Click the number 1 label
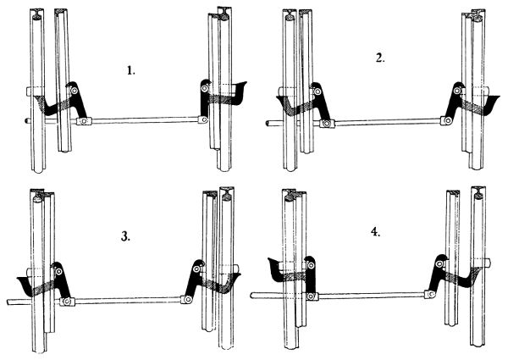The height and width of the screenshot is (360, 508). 130,70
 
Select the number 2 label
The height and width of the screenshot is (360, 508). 380,58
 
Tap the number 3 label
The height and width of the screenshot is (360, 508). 125,237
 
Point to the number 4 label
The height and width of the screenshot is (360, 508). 375,232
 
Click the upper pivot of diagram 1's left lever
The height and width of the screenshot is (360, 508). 75,91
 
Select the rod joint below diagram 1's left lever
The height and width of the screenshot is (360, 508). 84,121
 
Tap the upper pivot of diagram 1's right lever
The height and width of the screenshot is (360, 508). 204,88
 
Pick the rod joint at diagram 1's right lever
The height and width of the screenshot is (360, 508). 203,119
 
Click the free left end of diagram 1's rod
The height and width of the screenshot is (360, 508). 26,120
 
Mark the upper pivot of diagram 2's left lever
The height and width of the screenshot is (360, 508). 317,91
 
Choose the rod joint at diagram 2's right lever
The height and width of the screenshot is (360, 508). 447,121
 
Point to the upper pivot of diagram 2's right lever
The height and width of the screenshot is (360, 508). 457,91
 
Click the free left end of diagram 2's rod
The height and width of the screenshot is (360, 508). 268,124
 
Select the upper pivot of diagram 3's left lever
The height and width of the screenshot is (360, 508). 58,272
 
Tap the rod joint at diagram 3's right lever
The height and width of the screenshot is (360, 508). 187,299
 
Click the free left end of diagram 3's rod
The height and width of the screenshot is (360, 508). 8,302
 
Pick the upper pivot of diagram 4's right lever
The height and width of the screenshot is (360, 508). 439,264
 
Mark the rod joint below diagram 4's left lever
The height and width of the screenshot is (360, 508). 311,296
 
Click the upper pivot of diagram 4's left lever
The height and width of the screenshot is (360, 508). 311,266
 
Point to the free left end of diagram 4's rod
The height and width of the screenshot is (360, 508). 253,295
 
